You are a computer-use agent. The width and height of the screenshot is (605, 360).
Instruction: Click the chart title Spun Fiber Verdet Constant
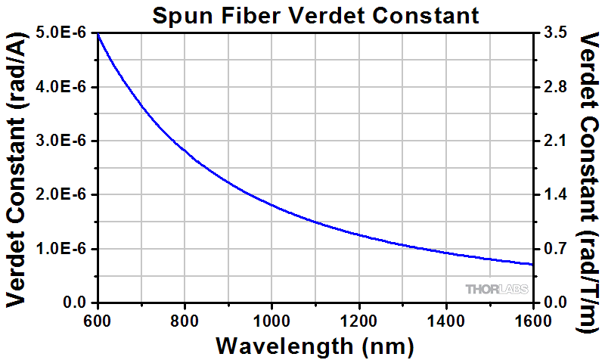(315, 15)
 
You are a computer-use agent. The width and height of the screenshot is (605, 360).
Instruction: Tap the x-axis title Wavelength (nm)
(315, 346)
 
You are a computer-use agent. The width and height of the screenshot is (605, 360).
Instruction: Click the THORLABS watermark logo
(496, 289)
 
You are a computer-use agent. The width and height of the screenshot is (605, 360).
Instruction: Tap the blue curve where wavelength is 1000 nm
(271, 205)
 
